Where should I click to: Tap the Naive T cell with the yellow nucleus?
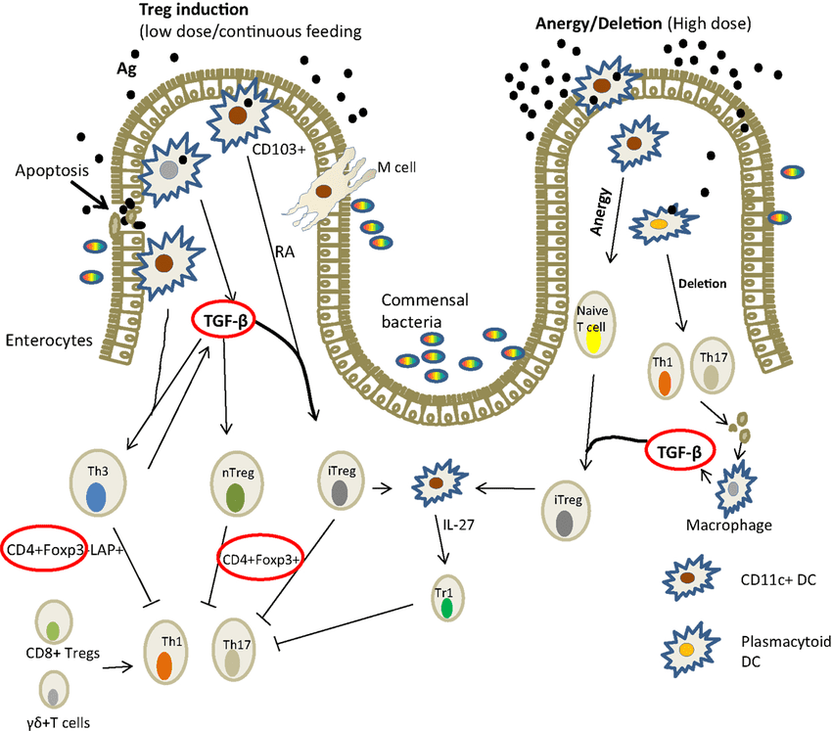click(591, 329)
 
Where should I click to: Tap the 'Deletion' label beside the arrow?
click(705, 284)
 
